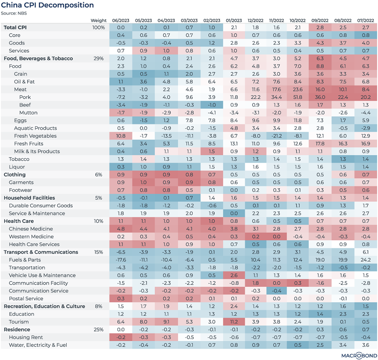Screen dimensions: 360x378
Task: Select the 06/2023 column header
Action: coord(121,21)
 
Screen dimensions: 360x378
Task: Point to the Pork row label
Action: coord(25,97)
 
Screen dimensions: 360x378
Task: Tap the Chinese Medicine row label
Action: coord(31,229)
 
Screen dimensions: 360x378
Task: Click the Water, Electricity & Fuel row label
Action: coord(38,345)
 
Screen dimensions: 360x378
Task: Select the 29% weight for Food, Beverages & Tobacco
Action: coord(98,58)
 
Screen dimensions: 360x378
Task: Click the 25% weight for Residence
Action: coord(98,330)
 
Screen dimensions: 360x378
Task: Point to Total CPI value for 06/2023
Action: coord(121,27)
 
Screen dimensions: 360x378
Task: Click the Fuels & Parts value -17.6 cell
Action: coord(121,260)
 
